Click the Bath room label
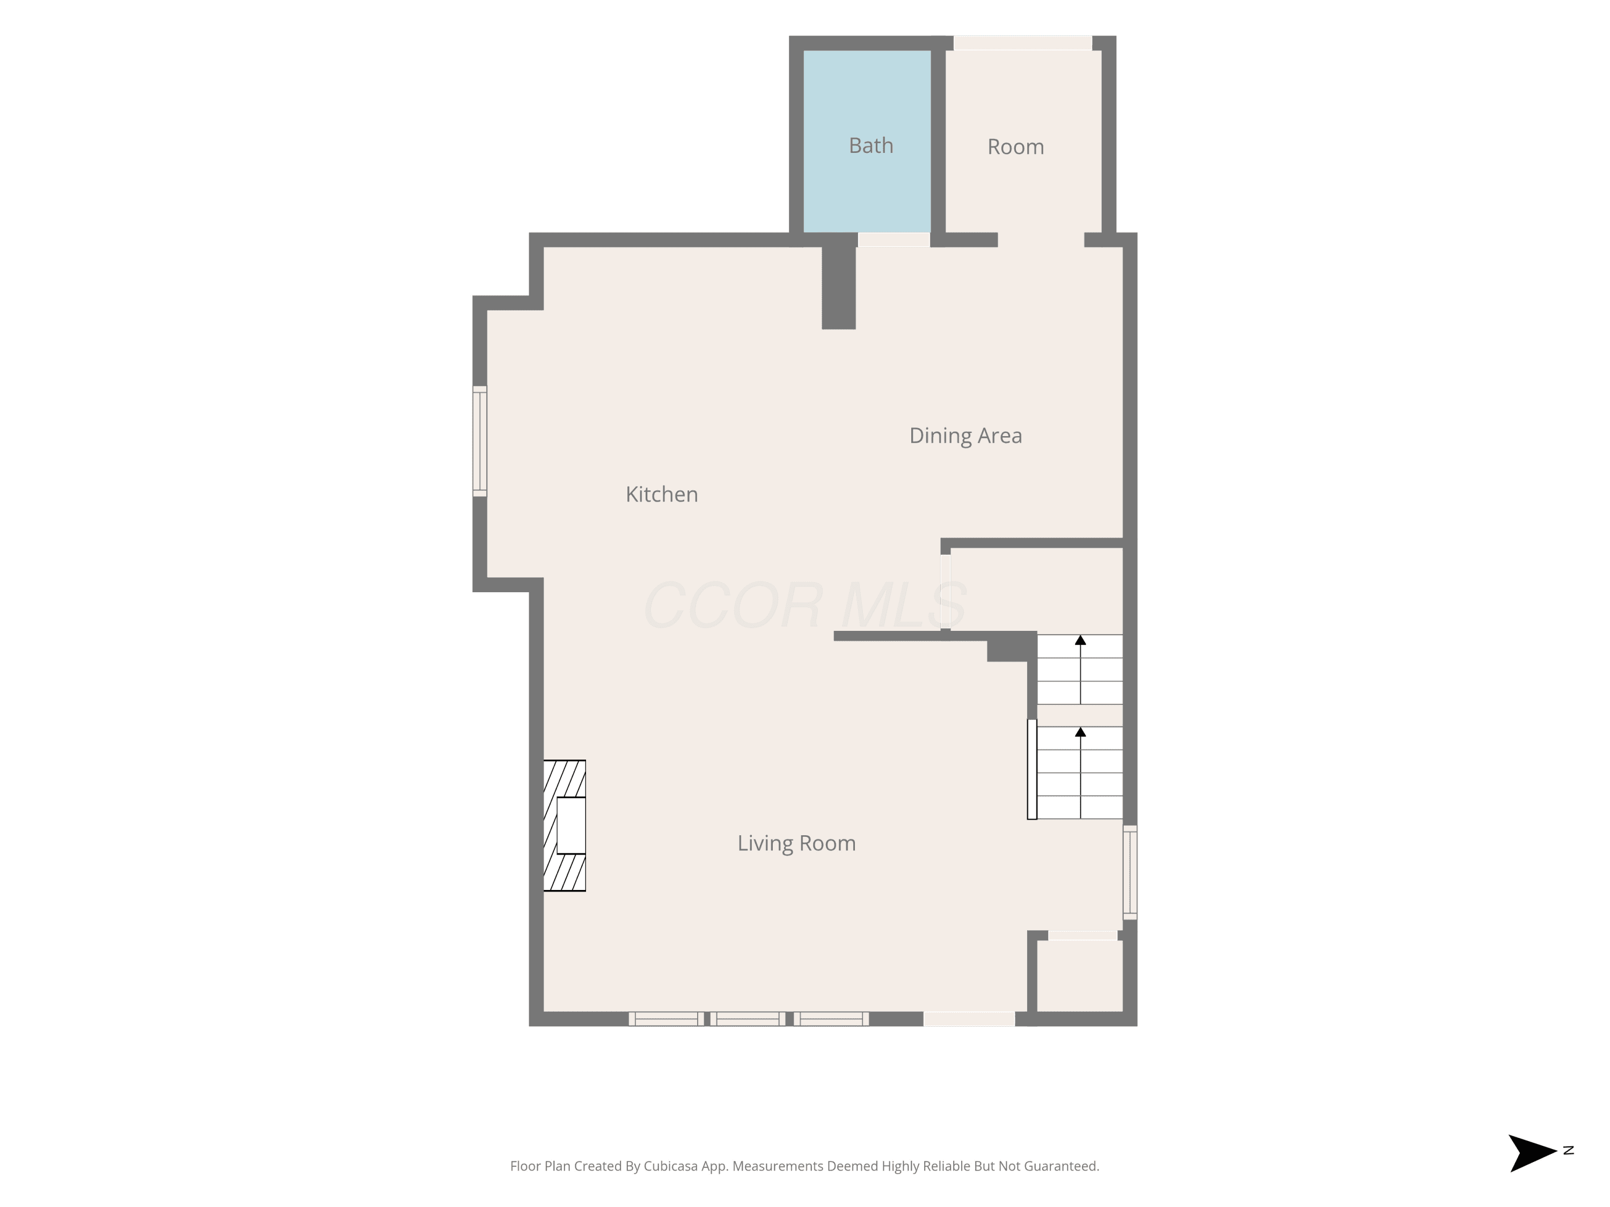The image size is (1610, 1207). coord(870,145)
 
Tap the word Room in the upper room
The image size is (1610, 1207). coord(1015,147)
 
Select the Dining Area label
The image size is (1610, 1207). coord(966,436)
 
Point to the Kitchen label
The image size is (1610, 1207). coord(662,495)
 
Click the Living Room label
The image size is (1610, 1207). coord(796,843)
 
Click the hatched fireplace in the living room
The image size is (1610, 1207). coord(565,826)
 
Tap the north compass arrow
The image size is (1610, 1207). coord(1532,1153)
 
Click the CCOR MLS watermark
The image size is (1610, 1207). coord(805,605)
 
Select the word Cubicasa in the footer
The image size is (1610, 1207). coord(670,1167)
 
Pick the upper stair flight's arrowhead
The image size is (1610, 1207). coord(1080,640)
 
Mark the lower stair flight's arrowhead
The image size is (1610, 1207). coord(1080,732)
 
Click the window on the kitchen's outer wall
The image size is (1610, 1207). coord(480,441)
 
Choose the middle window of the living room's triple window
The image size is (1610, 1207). coord(748,1019)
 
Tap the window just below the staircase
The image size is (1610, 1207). coord(1130,872)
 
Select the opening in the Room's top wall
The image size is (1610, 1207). coord(1023,43)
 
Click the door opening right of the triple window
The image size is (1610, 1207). coord(970,1019)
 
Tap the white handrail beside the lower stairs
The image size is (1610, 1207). coord(1032,769)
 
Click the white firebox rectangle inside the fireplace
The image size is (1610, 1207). coord(572,826)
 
